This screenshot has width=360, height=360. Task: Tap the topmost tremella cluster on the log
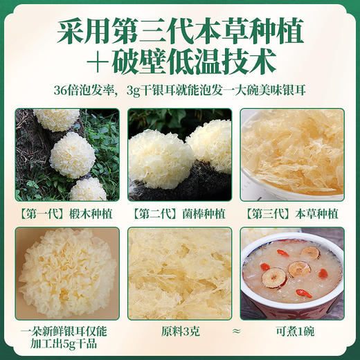click(57, 119)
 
